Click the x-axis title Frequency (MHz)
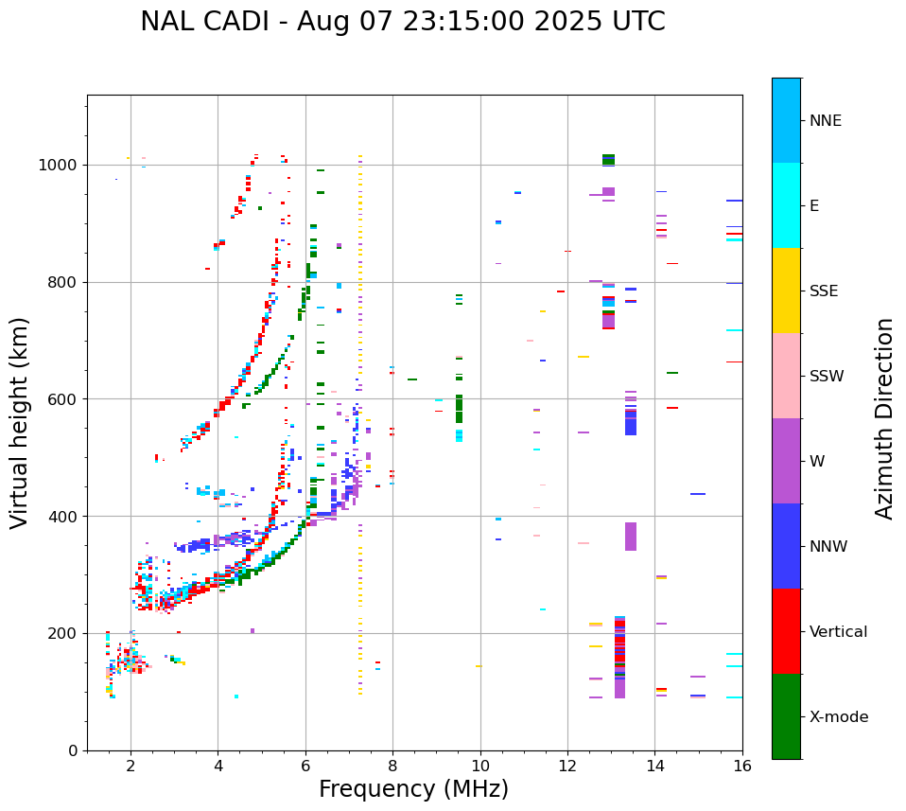[413, 789]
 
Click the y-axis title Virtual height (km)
[20, 423]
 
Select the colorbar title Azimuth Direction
[884, 417]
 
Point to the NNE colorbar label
[825, 121]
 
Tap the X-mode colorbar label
[838, 717]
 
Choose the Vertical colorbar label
[838, 632]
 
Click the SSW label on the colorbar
[827, 377]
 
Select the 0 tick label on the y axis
[73, 750]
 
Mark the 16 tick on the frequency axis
[742, 766]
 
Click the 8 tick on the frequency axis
[392, 766]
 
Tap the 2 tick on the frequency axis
[131, 766]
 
